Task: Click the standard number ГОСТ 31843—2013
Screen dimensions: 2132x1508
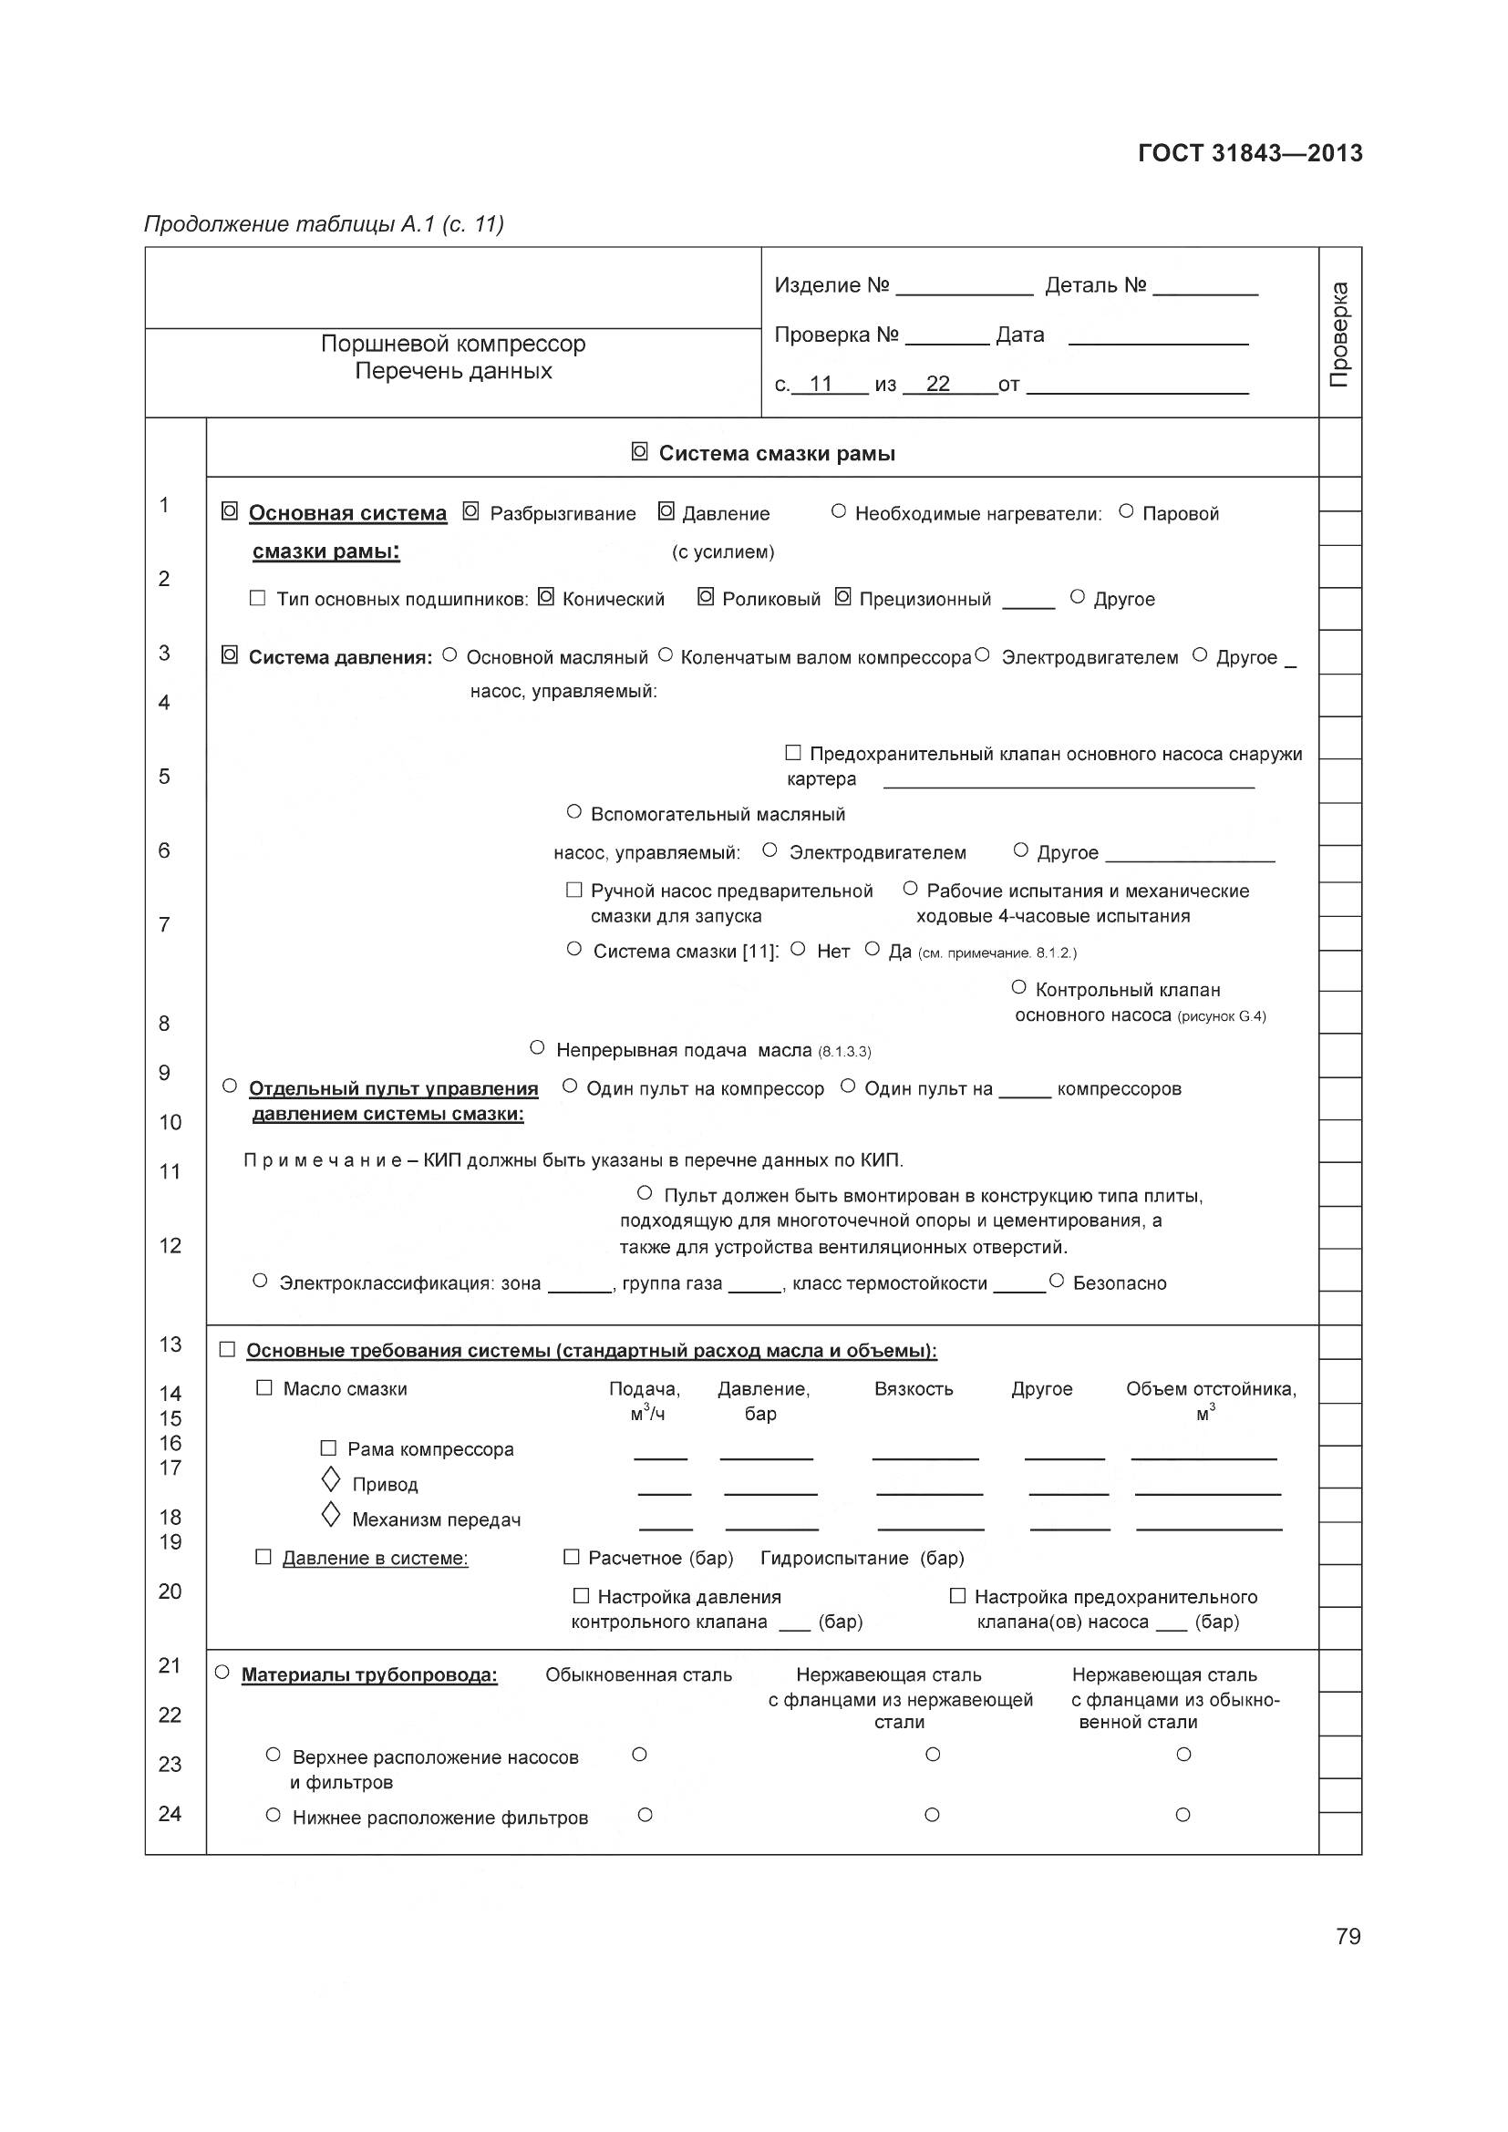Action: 1250,153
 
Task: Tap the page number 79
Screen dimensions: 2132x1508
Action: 1348,1936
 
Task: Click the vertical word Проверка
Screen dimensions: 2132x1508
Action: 1339,335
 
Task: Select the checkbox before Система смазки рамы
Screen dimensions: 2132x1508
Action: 640,452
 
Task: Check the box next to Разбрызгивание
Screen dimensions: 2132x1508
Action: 470,511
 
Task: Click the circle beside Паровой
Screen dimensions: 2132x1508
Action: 1126,510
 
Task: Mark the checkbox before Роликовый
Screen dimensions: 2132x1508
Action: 706,597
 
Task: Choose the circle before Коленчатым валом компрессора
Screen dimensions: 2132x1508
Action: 665,655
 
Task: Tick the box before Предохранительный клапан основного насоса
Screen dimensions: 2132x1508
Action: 793,752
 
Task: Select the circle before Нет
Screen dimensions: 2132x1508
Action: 798,949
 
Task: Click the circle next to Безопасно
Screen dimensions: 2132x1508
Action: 1056,1282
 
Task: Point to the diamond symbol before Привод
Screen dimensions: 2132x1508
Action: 331,1479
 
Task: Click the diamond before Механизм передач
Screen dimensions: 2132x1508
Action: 331,1516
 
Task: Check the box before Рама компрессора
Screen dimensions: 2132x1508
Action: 328,1447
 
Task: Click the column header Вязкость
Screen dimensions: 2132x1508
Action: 914,1389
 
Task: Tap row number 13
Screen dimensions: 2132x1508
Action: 170,1344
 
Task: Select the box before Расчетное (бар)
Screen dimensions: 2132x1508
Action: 572,1556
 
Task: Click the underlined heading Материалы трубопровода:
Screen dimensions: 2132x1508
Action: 369,1675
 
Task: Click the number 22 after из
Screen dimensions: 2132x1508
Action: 938,384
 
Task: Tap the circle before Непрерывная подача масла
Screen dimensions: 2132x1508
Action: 537,1047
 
